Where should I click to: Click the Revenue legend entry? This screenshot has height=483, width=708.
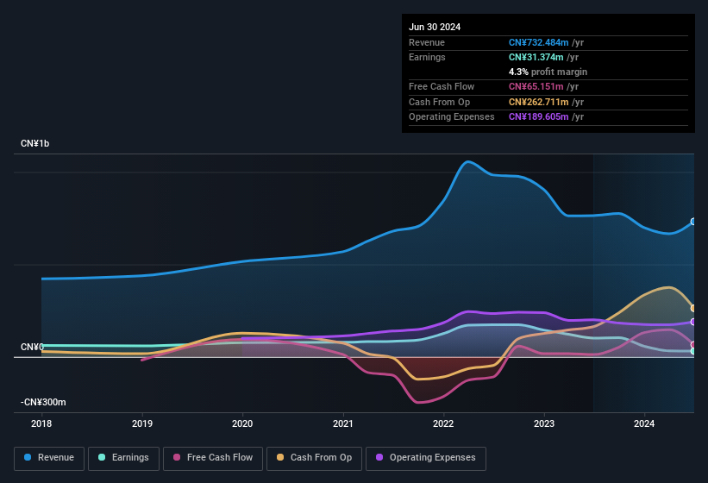[50, 458]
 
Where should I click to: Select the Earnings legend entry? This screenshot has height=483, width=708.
[124, 458]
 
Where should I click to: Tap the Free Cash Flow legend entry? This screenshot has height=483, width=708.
[214, 458]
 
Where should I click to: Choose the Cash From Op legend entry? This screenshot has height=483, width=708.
[315, 458]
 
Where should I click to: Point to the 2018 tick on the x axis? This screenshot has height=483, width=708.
[41, 423]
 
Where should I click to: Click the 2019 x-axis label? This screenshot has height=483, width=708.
[142, 423]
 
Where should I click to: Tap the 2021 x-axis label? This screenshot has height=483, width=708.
[343, 423]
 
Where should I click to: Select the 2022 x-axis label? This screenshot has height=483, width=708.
[443, 423]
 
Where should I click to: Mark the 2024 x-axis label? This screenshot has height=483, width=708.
[644, 423]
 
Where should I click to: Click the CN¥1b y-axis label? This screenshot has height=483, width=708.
[35, 143]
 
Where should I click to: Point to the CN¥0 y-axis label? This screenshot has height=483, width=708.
[32, 347]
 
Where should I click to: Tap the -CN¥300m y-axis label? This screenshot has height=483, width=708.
[44, 402]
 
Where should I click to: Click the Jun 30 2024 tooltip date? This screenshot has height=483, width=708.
[435, 27]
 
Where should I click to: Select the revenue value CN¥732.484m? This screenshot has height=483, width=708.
[539, 42]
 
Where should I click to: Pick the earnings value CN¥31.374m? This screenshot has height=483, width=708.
[536, 57]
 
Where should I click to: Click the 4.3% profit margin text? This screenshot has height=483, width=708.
[548, 72]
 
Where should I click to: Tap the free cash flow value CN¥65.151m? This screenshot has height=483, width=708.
[536, 86]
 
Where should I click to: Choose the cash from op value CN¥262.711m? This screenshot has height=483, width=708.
[539, 102]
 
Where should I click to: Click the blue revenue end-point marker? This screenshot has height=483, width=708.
[693, 222]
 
